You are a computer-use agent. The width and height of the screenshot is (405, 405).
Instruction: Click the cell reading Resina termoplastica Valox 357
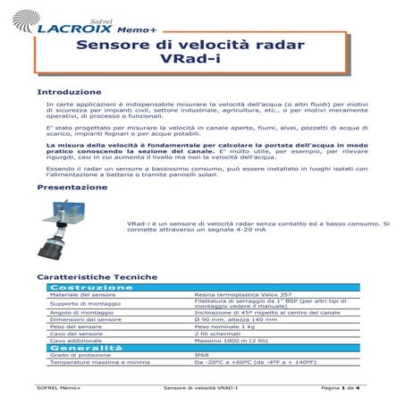click(x=240, y=295)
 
